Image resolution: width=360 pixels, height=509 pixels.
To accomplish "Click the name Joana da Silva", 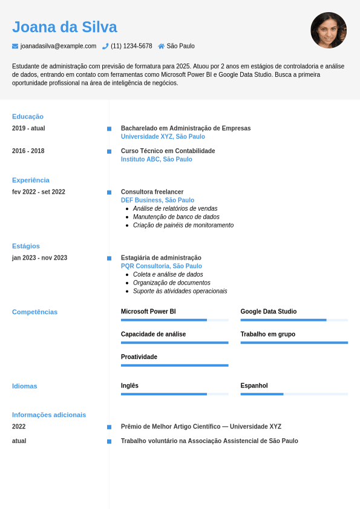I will coord(64,27).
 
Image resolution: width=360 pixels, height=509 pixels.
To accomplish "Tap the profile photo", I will coord(329,30).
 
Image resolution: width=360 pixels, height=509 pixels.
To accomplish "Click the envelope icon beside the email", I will coord(15,46).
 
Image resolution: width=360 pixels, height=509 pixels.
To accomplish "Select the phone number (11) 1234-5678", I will coord(131,46).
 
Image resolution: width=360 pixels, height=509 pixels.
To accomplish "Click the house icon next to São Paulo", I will coord(161,46).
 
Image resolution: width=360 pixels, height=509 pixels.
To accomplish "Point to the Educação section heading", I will coord(28,116).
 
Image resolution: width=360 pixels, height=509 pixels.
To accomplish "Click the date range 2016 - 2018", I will coord(28,151).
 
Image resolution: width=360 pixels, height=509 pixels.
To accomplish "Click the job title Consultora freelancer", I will coord(152,192).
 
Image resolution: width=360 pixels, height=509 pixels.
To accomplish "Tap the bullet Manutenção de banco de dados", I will coord(176,217).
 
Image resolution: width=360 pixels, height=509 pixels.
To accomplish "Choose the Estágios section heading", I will coord(26,246).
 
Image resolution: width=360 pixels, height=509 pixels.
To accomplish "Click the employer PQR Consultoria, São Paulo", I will coord(161,266).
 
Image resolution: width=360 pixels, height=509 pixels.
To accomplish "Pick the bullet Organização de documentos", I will coord(171,283).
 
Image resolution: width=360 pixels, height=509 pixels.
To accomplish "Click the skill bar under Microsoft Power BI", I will coord(174,320).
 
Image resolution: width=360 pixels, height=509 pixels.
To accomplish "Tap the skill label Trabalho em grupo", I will coord(267,334).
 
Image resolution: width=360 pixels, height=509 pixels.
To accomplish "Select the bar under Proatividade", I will coord(174,365).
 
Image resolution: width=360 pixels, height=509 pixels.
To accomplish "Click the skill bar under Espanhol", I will coord(294,394).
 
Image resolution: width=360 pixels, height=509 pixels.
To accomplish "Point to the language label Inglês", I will coord(129,386).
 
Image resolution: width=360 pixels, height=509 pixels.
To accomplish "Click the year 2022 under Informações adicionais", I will coord(19,426).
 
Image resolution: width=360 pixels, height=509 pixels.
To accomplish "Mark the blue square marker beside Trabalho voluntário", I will coord(109,441).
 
